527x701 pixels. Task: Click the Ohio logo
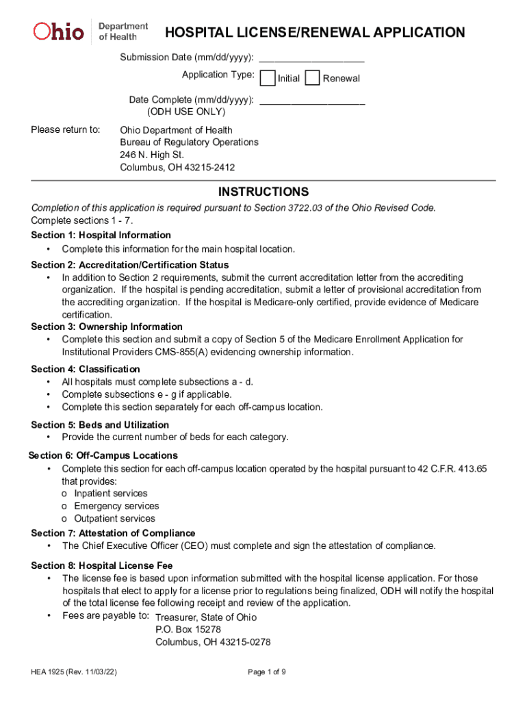60,31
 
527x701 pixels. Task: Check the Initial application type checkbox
269,78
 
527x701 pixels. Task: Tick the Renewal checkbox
312,78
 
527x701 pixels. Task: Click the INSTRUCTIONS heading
263,192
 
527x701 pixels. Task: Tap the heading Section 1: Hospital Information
101,235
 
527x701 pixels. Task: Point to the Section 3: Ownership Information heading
107,327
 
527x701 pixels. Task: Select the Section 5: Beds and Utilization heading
100,424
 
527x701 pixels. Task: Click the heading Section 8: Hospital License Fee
102,565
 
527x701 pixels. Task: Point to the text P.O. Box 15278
188,629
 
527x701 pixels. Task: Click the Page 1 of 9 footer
267,672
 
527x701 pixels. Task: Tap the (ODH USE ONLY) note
186,112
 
